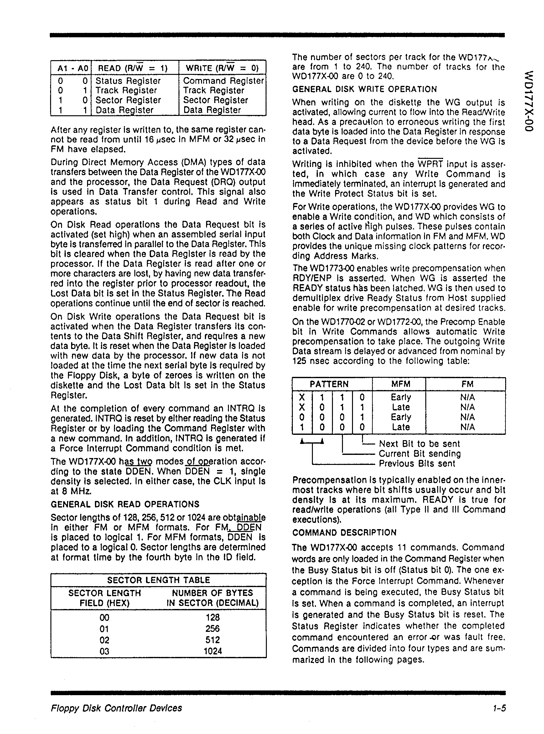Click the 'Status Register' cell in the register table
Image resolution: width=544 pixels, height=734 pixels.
[128, 81]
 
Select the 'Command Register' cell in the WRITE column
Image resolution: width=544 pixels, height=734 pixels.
[224, 81]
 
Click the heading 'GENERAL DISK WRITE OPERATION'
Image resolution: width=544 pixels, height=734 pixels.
[365, 90]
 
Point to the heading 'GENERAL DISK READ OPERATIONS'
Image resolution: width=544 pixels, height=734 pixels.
[125, 504]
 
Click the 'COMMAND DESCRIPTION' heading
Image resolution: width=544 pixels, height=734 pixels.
[345, 533]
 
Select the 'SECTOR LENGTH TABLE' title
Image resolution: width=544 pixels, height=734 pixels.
[158, 580]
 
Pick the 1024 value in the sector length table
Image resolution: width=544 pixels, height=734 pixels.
[213, 651]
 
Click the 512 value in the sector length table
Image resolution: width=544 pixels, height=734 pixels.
[213, 639]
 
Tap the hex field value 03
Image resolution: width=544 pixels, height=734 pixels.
[104, 651]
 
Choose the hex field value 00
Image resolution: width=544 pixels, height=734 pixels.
[104, 617]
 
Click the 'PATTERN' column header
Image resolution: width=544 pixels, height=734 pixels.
[329, 384]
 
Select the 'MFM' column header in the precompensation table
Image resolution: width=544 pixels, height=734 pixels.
[401, 384]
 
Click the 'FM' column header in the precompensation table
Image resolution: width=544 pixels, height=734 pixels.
[467, 384]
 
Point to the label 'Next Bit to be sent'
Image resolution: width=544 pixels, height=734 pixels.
[419, 444]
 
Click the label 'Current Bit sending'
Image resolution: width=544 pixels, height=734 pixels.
[420, 454]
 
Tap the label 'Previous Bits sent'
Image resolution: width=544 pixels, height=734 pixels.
[417, 464]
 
